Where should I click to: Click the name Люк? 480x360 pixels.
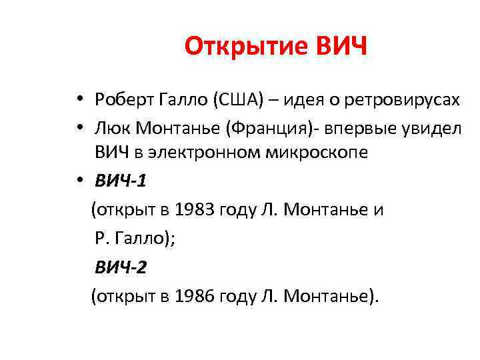coord(109,127)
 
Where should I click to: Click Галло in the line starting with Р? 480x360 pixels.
coord(141,239)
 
